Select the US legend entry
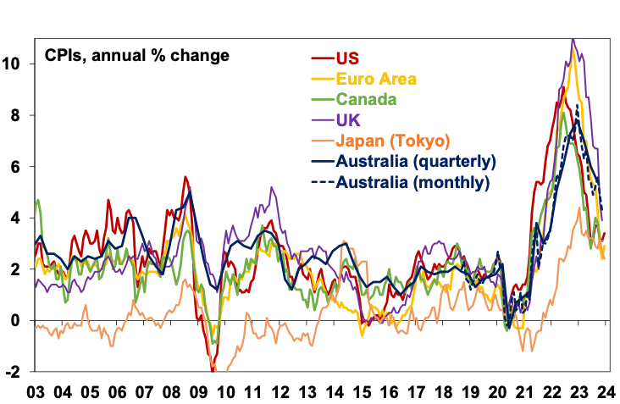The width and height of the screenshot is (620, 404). (x=348, y=58)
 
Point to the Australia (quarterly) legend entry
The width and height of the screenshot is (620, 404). (x=416, y=160)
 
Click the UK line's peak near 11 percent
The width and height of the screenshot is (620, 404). (x=573, y=39)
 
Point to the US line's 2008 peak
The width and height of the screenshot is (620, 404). (x=185, y=177)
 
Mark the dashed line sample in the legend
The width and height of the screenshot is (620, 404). (x=321, y=180)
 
